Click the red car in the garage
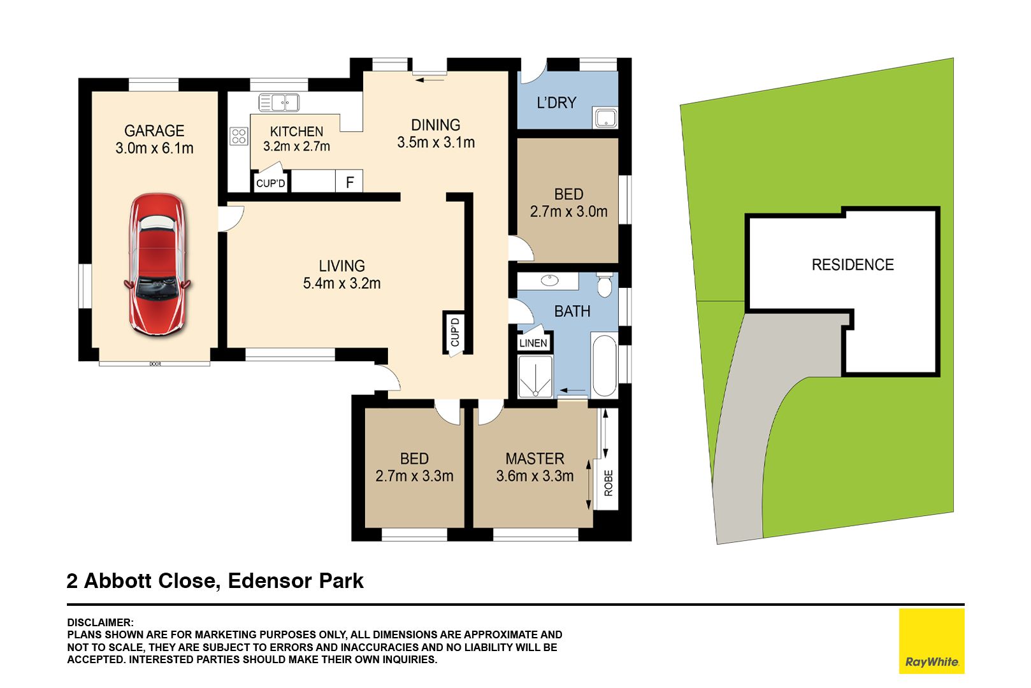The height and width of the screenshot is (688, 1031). coord(157,264)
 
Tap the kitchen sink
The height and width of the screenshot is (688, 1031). coord(279,103)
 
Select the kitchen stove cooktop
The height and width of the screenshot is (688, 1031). coord(239,136)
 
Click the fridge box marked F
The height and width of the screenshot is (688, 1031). coord(349,182)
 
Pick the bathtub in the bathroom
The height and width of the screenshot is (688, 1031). coord(604,366)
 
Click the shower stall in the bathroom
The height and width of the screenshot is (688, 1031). coord(535,376)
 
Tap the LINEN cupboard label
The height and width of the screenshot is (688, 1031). coord(533,343)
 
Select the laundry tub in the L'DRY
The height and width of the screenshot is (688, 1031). coord(606,118)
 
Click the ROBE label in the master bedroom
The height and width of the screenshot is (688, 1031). coord(609,483)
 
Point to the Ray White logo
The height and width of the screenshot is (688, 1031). coord(932,641)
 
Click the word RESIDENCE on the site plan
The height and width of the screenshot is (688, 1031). coord(853,264)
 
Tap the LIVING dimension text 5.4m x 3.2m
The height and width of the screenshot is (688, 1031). coord(342,283)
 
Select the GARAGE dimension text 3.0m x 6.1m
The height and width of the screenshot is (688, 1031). coord(154,148)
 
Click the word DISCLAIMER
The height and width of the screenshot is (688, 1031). coord(100,622)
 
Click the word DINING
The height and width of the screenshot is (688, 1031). coord(435,125)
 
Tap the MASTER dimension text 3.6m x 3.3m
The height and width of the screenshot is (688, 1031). coord(535,476)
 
